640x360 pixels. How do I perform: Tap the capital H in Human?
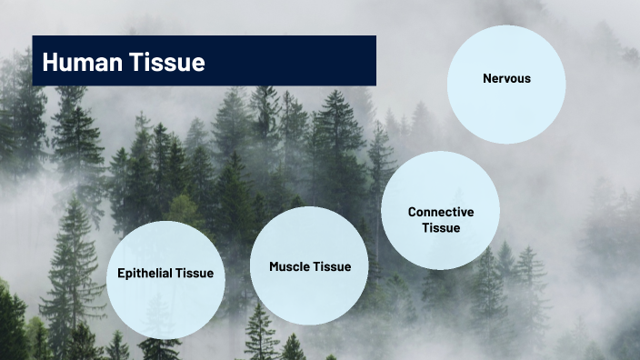tap(51, 62)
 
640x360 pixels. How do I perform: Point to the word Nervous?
tap(506, 78)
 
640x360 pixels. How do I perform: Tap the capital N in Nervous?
tap(486, 78)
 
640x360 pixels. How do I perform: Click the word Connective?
tap(440, 212)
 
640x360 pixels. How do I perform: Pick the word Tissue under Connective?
tap(440, 227)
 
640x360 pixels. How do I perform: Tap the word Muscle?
tap(289, 266)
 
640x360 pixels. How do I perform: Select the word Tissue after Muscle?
tap(332, 266)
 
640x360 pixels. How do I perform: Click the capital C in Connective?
tap(412, 212)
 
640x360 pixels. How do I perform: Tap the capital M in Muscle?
tap(274, 266)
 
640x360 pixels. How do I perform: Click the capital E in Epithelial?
tap(121, 273)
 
